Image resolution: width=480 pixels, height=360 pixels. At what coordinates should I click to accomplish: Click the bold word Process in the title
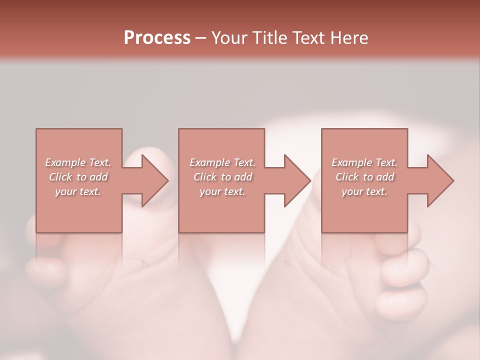(x=157, y=37)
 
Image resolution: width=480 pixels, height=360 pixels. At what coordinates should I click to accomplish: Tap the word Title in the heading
(x=268, y=37)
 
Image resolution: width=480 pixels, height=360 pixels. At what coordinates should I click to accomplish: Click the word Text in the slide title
(x=308, y=37)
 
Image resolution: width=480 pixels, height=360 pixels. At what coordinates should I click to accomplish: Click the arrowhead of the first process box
(x=153, y=180)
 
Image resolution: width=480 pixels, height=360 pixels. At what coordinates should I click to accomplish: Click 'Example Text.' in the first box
(x=78, y=162)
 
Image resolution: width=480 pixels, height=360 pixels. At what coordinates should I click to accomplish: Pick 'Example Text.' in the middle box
(x=222, y=162)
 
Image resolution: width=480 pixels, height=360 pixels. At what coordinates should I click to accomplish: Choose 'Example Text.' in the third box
(x=364, y=162)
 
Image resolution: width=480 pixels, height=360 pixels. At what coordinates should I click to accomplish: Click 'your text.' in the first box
(x=78, y=191)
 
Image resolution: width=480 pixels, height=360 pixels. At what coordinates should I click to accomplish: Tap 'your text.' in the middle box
(x=222, y=191)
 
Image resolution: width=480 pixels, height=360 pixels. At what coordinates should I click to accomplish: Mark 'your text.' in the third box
(x=364, y=191)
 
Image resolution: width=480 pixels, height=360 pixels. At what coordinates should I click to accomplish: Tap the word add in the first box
(x=99, y=177)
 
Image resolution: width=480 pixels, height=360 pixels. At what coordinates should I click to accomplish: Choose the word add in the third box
(x=385, y=177)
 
